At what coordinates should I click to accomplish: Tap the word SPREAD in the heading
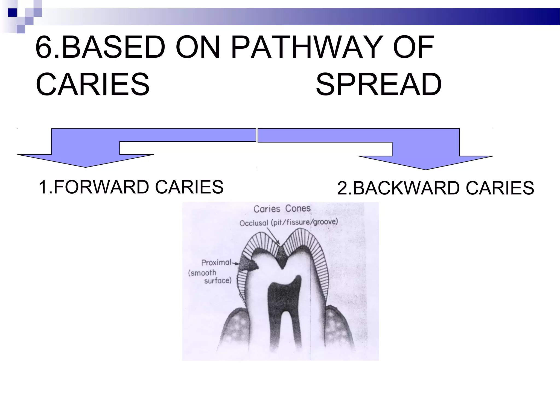tap(378, 84)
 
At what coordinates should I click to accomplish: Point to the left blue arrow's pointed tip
tap(86, 167)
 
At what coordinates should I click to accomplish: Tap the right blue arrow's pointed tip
tap(426, 169)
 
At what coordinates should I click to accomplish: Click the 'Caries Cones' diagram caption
tap(282, 209)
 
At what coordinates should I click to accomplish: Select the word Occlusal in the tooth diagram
tap(253, 223)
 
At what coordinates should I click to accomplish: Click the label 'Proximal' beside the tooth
tap(216, 262)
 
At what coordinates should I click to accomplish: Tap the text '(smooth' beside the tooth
tap(202, 273)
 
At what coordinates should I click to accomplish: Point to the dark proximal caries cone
tap(247, 264)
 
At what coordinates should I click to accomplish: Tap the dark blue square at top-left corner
tap(12, 13)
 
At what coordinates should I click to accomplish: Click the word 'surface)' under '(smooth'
tap(218, 281)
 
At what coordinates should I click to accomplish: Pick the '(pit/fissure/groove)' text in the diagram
tap(304, 222)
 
